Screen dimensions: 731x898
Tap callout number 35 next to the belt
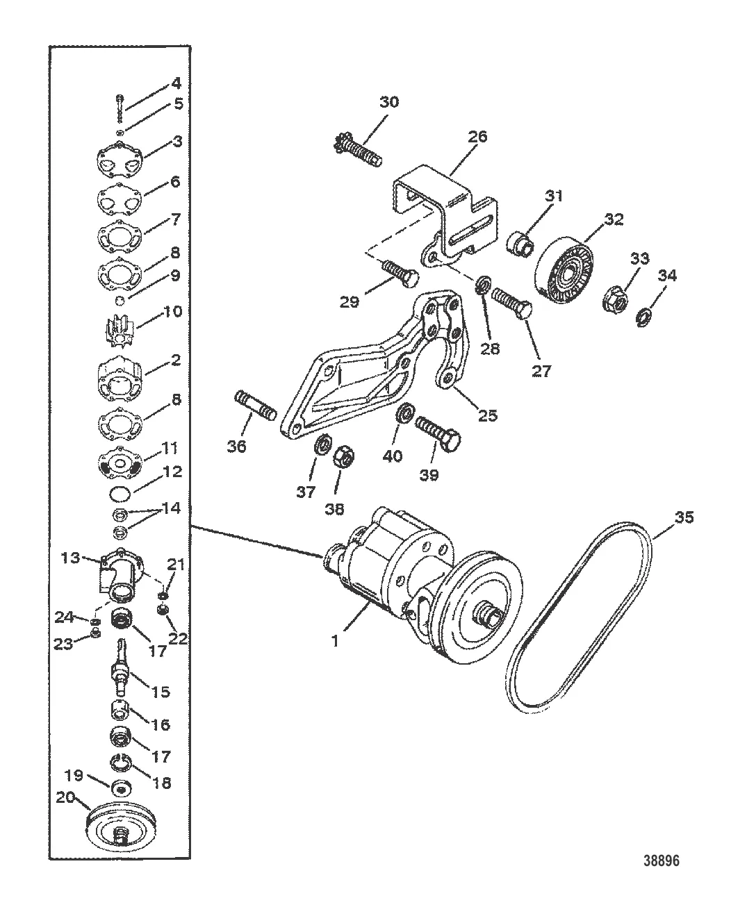(684, 517)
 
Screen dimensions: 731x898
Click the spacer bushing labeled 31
(520, 243)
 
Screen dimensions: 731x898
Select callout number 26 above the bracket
(477, 137)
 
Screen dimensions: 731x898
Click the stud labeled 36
(255, 406)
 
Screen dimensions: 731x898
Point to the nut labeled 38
(344, 457)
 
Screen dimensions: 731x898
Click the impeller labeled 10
(119, 332)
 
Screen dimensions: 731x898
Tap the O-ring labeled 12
(120, 494)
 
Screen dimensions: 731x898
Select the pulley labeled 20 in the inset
(121, 827)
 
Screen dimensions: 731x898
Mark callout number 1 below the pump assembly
(336, 641)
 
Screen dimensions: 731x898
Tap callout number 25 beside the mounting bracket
(488, 415)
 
